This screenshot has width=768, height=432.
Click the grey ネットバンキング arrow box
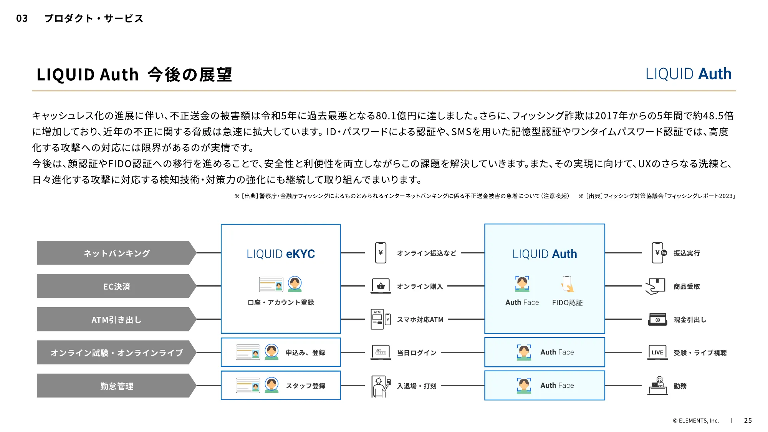click(116, 253)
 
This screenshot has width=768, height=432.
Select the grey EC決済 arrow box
click(116, 286)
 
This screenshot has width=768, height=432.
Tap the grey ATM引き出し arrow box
click(116, 319)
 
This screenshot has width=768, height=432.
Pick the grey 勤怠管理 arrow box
click(116, 386)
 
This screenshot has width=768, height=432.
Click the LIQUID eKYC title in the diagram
click(281, 254)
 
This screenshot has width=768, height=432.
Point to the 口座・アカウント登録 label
click(281, 303)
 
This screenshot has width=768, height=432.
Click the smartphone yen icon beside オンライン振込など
click(381, 253)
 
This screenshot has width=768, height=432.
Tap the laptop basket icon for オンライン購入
click(381, 286)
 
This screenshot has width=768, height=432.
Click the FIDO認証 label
click(567, 303)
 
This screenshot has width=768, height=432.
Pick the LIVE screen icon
click(657, 352)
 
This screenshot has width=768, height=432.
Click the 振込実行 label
click(687, 253)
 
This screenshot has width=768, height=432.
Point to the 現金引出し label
click(690, 319)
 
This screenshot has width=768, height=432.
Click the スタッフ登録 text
click(306, 386)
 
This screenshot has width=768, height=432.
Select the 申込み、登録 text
click(306, 353)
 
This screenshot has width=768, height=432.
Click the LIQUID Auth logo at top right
click(688, 74)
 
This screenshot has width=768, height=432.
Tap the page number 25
click(748, 420)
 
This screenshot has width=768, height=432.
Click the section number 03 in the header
click(22, 18)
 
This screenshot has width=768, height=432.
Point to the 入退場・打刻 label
click(417, 386)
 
